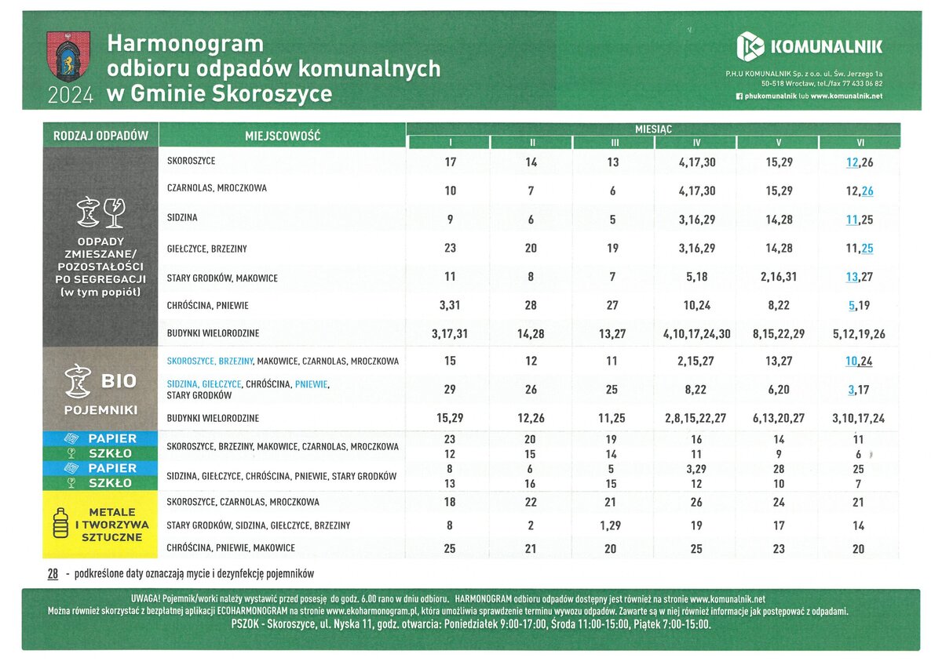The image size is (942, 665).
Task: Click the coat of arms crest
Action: (x=68, y=56)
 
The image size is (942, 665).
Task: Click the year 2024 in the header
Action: (x=71, y=96)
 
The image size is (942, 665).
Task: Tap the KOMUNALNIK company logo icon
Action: (x=750, y=46)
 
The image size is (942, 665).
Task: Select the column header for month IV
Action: (x=696, y=143)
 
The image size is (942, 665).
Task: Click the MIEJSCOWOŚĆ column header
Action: (x=283, y=136)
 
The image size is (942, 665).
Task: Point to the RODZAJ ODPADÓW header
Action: (x=100, y=136)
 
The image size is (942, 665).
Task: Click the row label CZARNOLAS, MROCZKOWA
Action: (x=217, y=188)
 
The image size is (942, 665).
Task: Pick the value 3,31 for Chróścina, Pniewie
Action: (x=450, y=306)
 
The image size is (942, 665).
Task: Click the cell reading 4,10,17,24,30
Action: (x=696, y=334)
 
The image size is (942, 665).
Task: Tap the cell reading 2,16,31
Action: (x=778, y=278)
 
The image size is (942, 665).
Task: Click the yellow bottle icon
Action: (x=62, y=525)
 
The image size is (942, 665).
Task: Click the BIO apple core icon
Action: (x=77, y=380)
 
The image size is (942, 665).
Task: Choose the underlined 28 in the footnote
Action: (x=53, y=574)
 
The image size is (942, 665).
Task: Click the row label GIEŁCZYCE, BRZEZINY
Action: (x=207, y=249)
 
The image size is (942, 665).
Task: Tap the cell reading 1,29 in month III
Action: (x=613, y=525)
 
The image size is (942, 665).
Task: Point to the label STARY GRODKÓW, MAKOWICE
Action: (x=222, y=278)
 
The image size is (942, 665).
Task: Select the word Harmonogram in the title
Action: (x=185, y=43)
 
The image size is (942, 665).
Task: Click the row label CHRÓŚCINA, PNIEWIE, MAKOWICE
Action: (x=231, y=548)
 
